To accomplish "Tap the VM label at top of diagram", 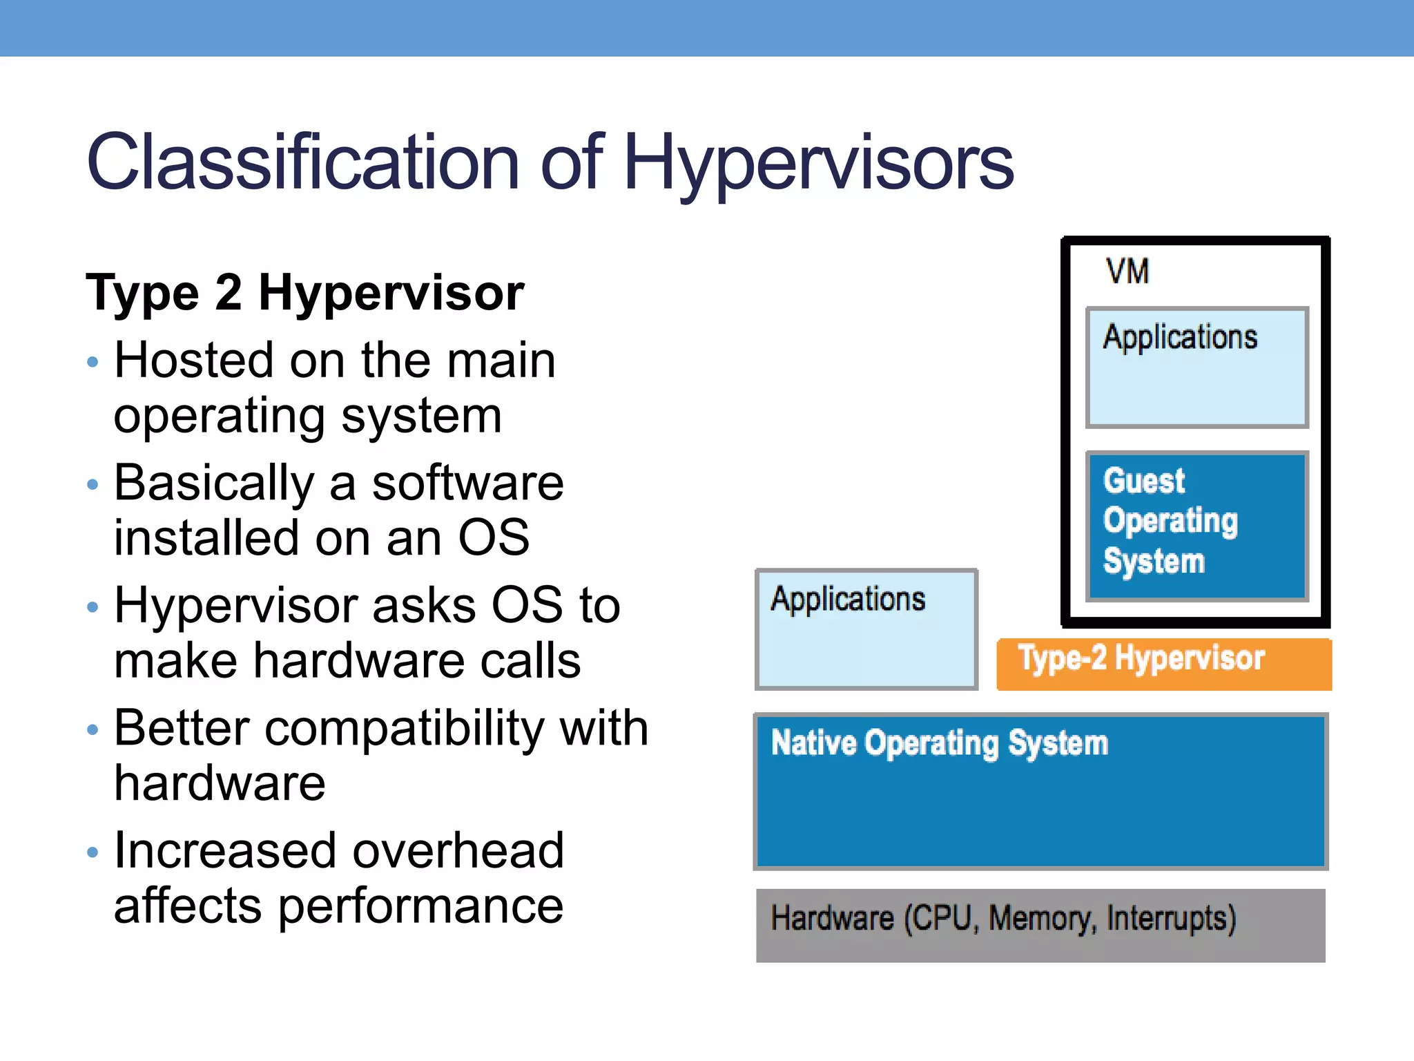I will click(x=1127, y=271).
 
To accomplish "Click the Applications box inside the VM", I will click(x=1197, y=367).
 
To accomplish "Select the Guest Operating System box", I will click(x=1197, y=525).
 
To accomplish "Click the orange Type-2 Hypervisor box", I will click(x=1163, y=663).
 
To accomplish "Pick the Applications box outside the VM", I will click(x=866, y=629).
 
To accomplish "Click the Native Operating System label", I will click(x=939, y=743).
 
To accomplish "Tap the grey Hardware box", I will click(x=1040, y=926).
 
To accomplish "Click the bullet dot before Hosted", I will click(x=93, y=362).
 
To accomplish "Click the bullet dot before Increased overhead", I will click(x=93, y=852).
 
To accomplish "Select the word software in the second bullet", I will click(x=467, y=483).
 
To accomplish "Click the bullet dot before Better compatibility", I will click(x=93, y=729).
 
